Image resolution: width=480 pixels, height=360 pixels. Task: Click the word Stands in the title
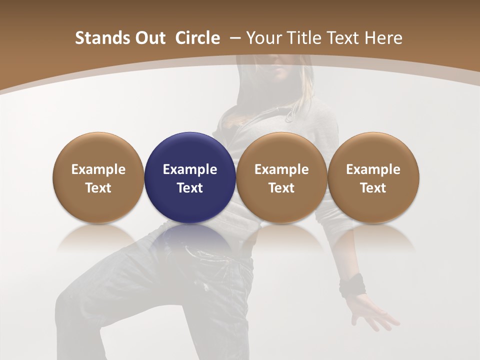pyautogui.click(x=96, y=38)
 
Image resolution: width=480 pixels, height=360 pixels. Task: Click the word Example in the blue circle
pyautogui.click(x=190, y=169)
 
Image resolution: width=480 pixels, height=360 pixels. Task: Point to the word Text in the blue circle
pyautogui.click(x=190, y=188)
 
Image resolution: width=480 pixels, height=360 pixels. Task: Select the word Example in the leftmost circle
pyautogui.click(x=98, y=169)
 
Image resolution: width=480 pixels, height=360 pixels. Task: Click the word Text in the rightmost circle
pyautogui.click(x=373, y=188)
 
